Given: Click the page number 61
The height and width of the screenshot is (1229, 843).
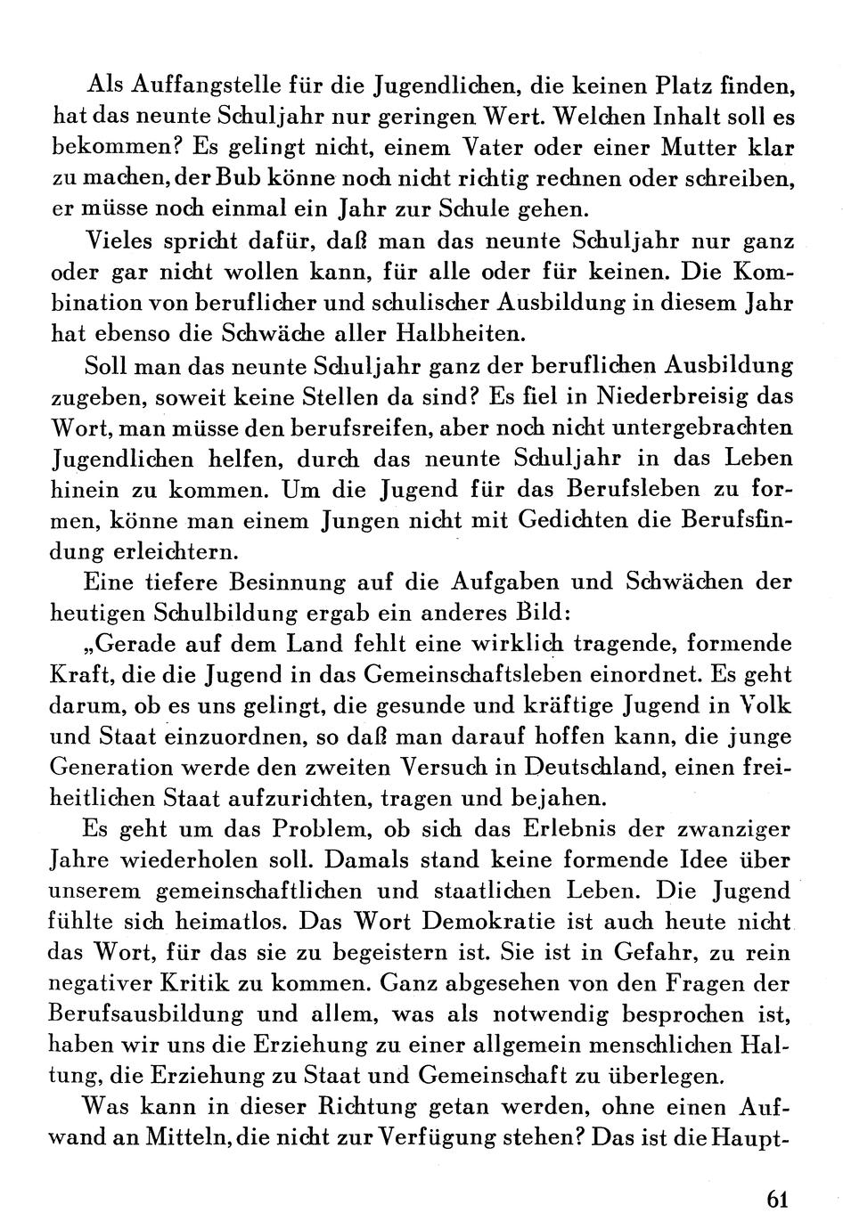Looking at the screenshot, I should click(x=777, y=1199).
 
